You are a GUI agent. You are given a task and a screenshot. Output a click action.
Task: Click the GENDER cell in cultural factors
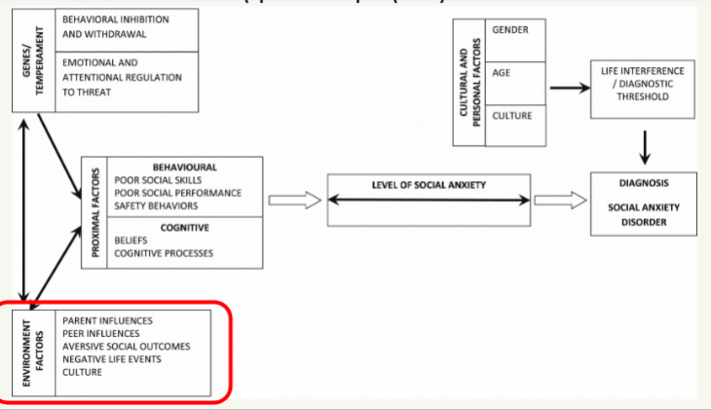point(511,30)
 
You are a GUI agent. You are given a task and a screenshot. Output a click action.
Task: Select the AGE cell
point(502,71)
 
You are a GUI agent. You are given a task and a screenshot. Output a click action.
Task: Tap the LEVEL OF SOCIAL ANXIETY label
point(429,185)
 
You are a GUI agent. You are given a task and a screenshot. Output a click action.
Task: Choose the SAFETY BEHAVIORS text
point(156,205)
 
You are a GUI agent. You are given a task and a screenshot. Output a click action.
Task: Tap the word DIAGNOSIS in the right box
point(644,182)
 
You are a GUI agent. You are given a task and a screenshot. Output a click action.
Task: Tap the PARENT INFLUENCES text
point(106,319)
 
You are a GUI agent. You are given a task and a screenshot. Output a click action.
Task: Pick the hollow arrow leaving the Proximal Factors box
point(293,201)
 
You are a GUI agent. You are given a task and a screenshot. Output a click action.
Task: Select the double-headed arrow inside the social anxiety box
point(429,201)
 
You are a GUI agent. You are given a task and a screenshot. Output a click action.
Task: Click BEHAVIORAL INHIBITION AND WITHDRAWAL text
point(114,26)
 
